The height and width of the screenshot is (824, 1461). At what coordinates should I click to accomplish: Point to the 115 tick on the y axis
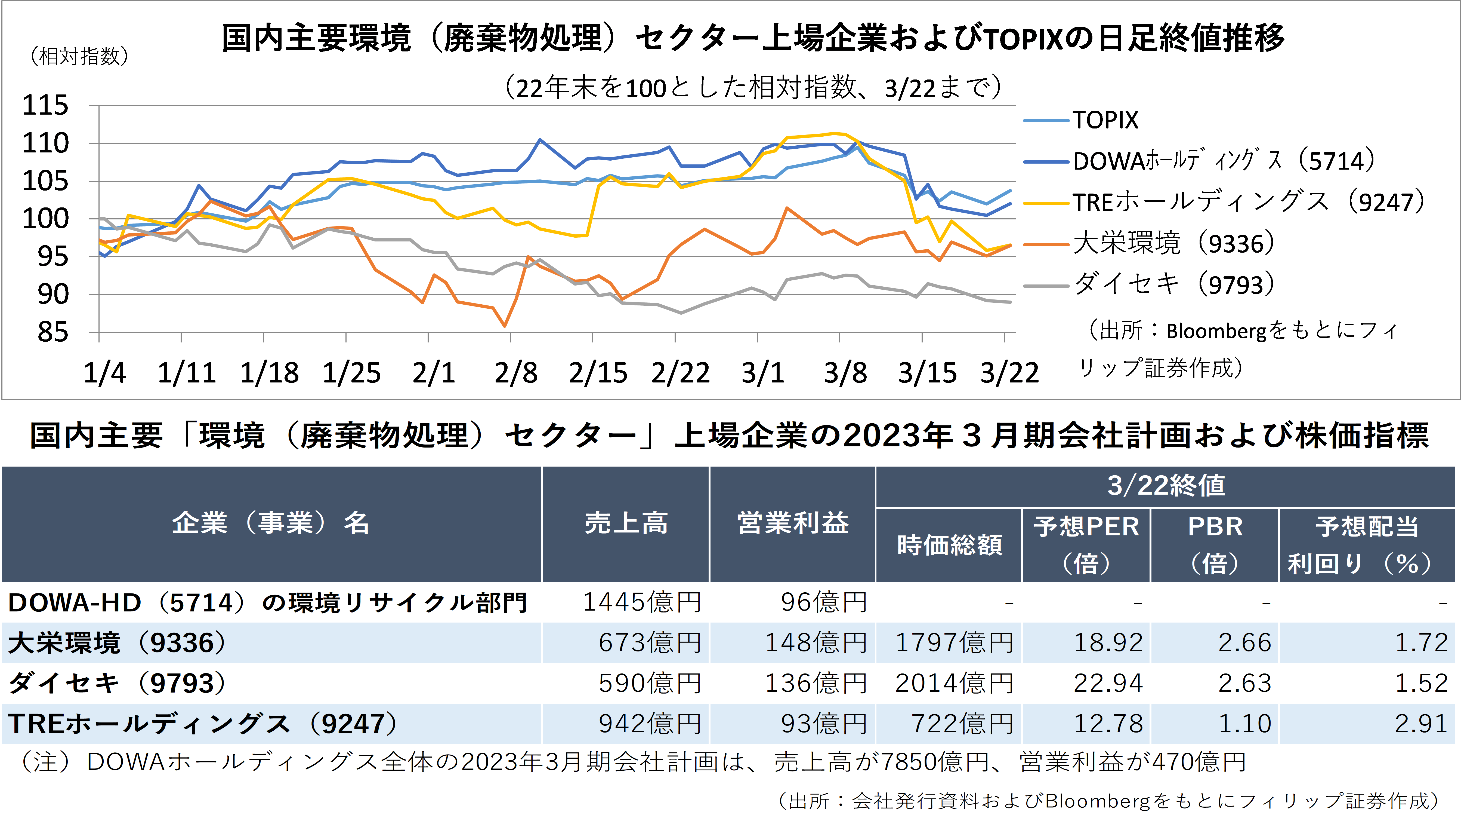click(x=45, y=106)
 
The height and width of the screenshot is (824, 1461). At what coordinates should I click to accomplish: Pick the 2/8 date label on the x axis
click(x=515, y=373)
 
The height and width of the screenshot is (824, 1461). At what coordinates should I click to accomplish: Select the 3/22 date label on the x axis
click(x=1009, y=373)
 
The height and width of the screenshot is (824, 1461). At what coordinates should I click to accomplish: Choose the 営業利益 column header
click(x=792, y=523)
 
